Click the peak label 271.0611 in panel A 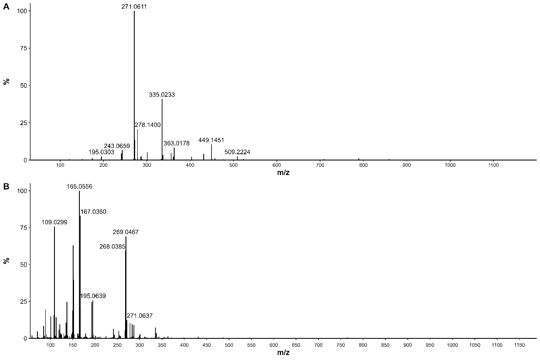(134, 7)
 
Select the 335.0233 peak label (162, 95)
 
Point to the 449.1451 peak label (211, 141)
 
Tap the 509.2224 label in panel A (237, 152)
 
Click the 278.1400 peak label (148, 125)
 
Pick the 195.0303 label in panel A (101, 152)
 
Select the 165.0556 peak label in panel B (79, 187)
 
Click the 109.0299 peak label (54, 222)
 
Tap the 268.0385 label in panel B (112, 247)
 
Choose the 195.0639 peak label (93, 296)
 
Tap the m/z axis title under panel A (283, 172)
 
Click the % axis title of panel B (6, 261)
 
